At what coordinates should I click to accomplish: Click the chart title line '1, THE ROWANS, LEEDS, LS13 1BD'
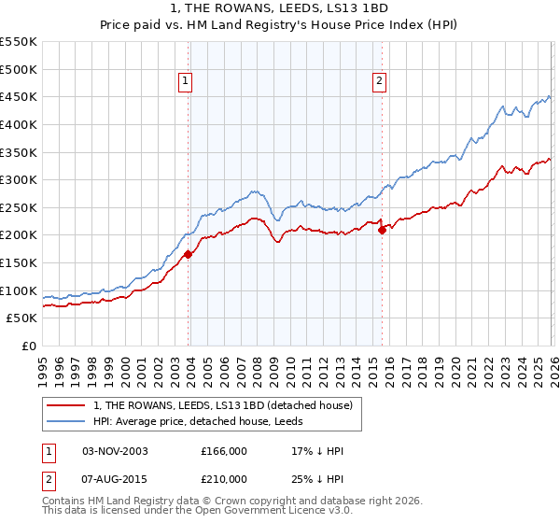click(x=280, y=8)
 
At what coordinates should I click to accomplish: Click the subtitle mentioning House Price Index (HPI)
click(x=280, y=24)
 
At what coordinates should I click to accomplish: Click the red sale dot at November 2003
click(x=189, y=253)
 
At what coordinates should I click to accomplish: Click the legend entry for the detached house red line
click(x=223, y=405)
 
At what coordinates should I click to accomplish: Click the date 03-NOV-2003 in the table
click(x=115, y=451)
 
